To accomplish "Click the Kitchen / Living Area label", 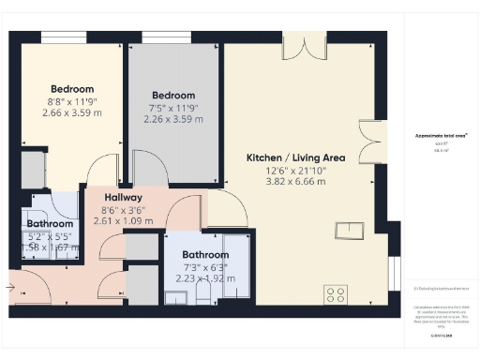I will pos(295,157).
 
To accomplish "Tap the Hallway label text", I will pos(123,198).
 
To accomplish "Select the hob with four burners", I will pos(336,293).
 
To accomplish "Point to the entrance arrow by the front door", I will pos(10,286).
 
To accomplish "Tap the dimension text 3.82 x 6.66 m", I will pos(295,182).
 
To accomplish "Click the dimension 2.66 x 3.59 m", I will pos(72,112).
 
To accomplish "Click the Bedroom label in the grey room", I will pos(173,95).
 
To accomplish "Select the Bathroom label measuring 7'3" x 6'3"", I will pos(205,255).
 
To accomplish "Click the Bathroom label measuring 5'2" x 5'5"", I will pos(50,224).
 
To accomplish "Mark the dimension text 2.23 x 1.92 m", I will pos(205,278).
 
